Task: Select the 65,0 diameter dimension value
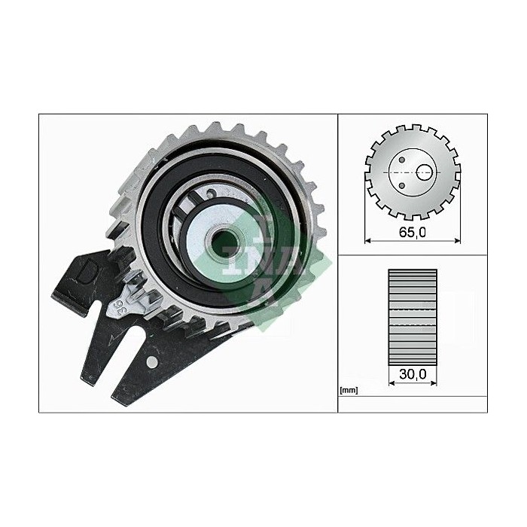(x=412, y=233)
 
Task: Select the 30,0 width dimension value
(x=412, y=371)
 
